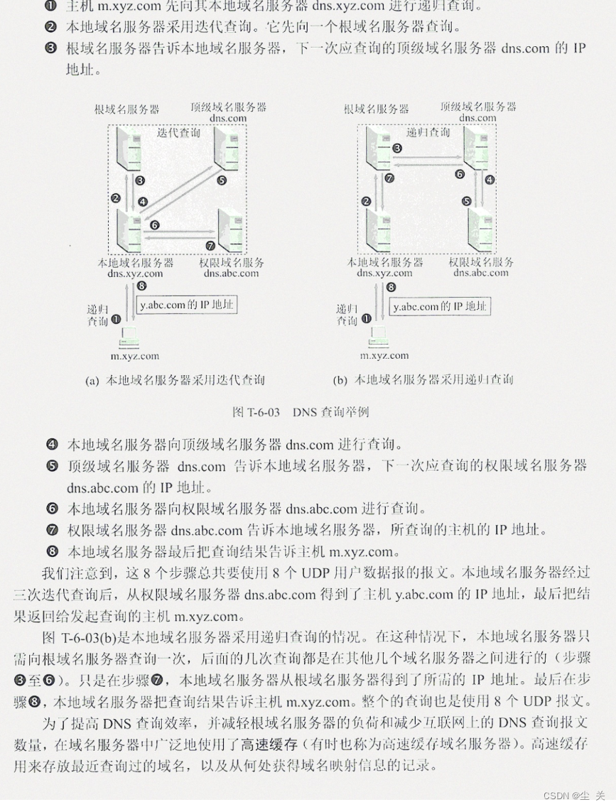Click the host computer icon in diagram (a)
coord(131,338)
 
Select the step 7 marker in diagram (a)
coord(210,245)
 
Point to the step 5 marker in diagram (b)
coord(467,201)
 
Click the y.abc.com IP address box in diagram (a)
coord(187,305)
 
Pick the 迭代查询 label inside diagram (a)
coord(178,132)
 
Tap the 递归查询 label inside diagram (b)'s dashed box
coord(428,132)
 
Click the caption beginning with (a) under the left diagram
coord(174,380)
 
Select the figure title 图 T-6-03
coord(300,412)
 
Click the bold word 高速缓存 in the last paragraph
coord(269,744)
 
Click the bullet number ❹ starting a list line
coord(52,445)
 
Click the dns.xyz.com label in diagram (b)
coord(384,273)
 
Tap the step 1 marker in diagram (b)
coord(367,320)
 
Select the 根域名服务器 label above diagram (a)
coord(126,109)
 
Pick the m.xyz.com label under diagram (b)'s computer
coord(384,355)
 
